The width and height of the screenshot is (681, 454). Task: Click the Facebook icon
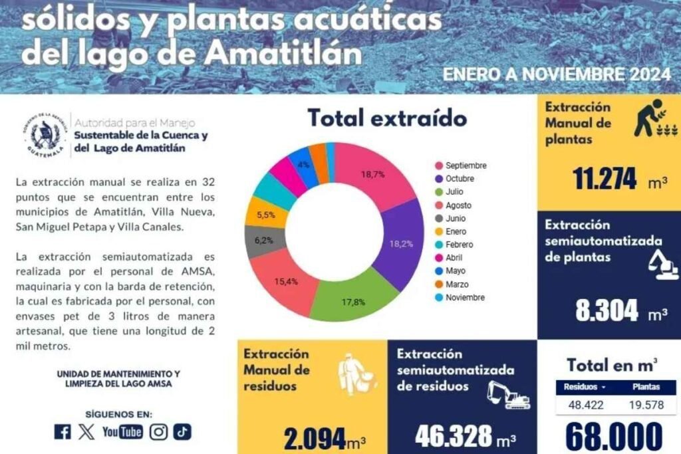(x=63, y=432)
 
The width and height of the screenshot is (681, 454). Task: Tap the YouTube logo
(x=122, y=432)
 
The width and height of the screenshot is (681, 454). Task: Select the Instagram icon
(x=158, y=432)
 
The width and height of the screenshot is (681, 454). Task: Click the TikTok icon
(x=182, y=432)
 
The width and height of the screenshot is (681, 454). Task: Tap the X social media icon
(x=86, y=432)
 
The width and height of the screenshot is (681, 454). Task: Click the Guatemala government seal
(x=45, y=136)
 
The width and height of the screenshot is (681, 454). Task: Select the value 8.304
(x=607, y=310)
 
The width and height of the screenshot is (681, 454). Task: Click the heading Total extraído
(x=387, y=119)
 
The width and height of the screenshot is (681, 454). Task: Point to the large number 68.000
(x=614, y=437)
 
